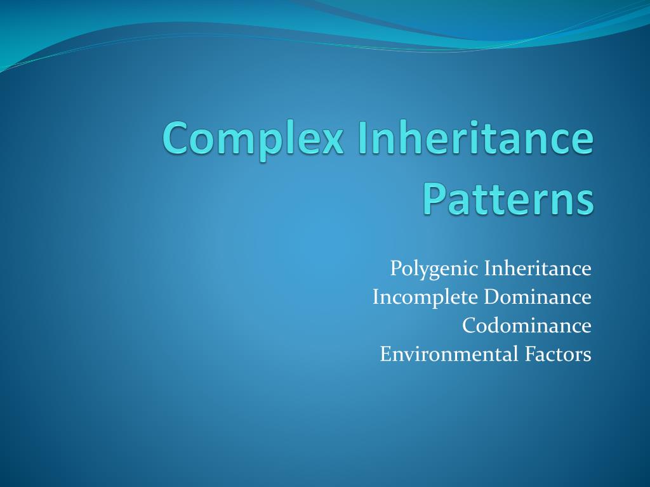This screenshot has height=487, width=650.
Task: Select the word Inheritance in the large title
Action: point(475,139)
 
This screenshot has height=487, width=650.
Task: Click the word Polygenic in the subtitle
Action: point(434,269)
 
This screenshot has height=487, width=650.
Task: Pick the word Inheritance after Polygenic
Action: point(538,268)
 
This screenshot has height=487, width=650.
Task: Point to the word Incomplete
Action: point(425,297)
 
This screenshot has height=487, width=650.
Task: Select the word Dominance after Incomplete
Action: point(538,297)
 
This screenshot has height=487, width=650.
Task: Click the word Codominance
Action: point(526,325)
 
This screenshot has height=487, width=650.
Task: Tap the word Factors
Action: point(558,354)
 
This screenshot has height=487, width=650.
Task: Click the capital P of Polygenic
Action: point(395,268)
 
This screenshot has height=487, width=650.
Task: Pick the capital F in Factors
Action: point(529,354)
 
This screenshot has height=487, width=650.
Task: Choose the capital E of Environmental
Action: point(385,354)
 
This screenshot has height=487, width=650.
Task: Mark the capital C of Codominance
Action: point(468,325)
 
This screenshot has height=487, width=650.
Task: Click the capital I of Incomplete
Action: point(376,297)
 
